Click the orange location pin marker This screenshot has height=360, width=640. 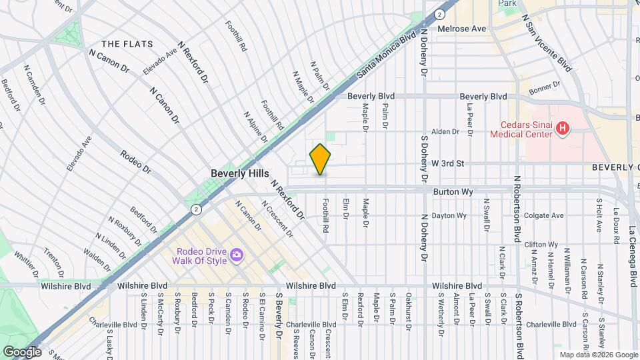tap(320, 159)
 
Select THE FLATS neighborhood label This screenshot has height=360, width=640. tap(122, 44)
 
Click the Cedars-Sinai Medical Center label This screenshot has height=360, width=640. tap(521, 129)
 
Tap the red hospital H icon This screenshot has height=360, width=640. tap(563, 127)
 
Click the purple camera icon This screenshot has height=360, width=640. tap(236, 255)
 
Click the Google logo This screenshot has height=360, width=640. tap(22, 351)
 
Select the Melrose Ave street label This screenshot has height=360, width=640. tap(461, 29)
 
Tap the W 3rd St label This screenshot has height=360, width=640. tap(447, 163)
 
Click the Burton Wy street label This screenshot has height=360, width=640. tap(453, 192)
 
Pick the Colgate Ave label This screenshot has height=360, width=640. tap(544, 215)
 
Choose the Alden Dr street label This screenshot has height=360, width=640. tap(446, 132)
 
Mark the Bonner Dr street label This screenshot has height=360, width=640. tap(545, 87)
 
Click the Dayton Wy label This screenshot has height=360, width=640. tap(449, 215)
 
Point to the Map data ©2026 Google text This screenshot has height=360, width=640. tap(598, 355)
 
